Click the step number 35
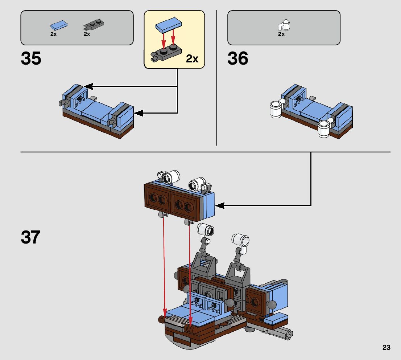click(31, 58)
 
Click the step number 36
click(238, 58)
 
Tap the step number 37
click(30, 237)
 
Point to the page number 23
click(386, 348)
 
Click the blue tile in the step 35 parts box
click(59, 25)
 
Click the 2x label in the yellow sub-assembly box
click(192, 59)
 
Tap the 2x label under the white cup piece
click(281, 34)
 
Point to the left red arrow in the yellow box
click(163, 40)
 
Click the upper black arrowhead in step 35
click(88, 86)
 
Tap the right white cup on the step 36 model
click(324, 128)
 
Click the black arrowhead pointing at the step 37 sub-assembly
click(220, 206)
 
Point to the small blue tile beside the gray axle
click(277, 319)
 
